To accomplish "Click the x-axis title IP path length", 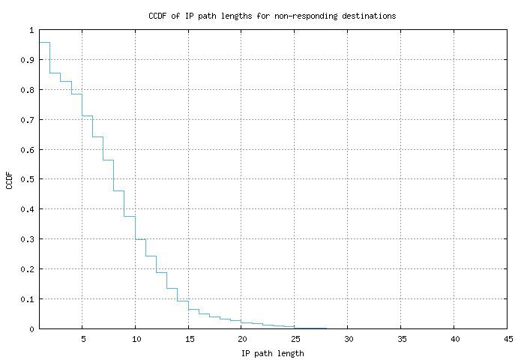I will tap(272, 352).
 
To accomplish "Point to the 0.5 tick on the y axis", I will tap(28, 179).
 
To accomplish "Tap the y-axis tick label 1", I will tap(31, 31).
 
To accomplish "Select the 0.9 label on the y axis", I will tap(28, 60).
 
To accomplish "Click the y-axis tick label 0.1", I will tap(28, 298).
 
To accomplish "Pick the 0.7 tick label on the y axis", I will tap(28, 120).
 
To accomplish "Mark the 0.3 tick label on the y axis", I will tap(28, 239).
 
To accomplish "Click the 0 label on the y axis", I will tap(31, 328).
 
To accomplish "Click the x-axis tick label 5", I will tap(82, 339).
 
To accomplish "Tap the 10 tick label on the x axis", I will tap(135, 339).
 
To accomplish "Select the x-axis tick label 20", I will tap(241, 339).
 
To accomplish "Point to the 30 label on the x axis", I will tap(348, 339).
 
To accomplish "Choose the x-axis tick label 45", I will tap(508, 339).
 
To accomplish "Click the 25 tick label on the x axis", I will tap(295, 339).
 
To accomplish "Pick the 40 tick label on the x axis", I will tap(454, 339).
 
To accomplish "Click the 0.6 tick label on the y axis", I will tap(28, 150).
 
